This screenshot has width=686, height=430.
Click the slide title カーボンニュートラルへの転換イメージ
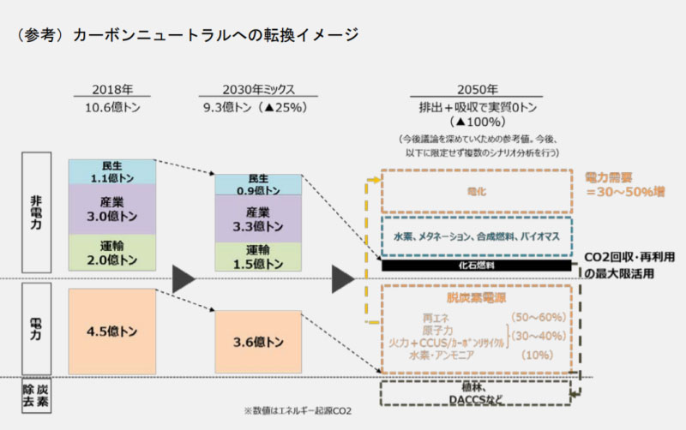[x=214, y=35]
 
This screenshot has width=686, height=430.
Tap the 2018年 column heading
[x=112, y=89]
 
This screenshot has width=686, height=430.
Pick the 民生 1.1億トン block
[x=111, y=171]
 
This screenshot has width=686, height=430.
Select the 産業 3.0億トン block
[x=111, y=208]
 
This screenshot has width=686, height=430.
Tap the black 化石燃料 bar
[x=477, y=266]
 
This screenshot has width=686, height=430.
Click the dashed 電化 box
[x=477, y=191]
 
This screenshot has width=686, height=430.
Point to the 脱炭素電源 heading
[x=476, y=300]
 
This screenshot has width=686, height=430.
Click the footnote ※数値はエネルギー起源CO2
[x=298, y=411]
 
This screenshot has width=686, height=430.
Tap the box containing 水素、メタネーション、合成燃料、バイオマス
[x=477, y=236]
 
